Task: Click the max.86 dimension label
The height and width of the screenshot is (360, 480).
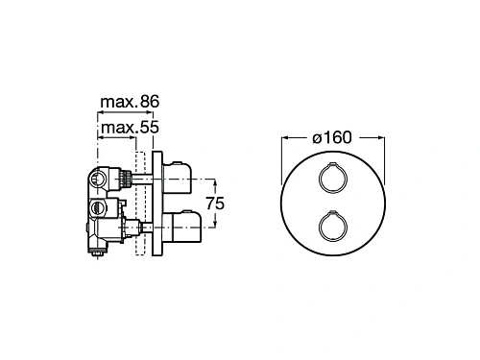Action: tap(130, 102)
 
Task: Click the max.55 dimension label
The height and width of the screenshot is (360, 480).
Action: tap(130, 128)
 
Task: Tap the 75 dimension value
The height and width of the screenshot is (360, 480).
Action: tap(215, 204)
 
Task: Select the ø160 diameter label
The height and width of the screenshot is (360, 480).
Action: tap(332, 137)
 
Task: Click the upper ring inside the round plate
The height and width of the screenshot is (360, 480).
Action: tap(333, 163)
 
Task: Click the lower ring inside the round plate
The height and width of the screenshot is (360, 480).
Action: tap(333, 212)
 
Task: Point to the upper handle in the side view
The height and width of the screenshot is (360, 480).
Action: tap(178, 178)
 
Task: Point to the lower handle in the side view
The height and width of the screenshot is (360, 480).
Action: tap(181, 227)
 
